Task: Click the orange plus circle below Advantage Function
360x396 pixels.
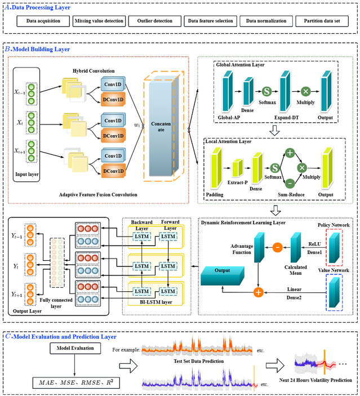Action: (x=259, y=292)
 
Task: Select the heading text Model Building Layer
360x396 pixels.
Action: (x=41, y=50)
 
